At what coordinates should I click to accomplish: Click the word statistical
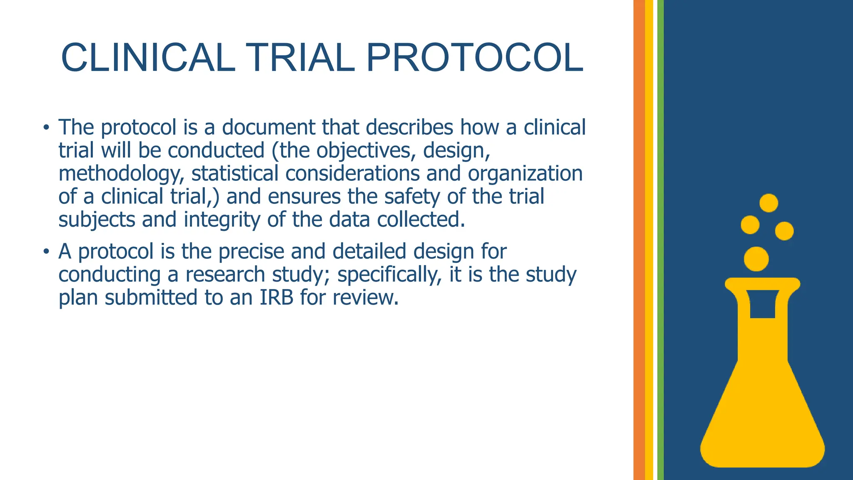pos(234,173)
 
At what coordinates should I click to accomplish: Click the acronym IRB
pos(277,297)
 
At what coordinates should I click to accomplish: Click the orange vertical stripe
pos(639,240)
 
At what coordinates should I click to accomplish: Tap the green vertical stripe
pos(661,240)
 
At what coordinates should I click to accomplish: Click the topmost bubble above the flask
pos(768,203)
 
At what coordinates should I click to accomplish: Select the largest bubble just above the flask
pos(756,259)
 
